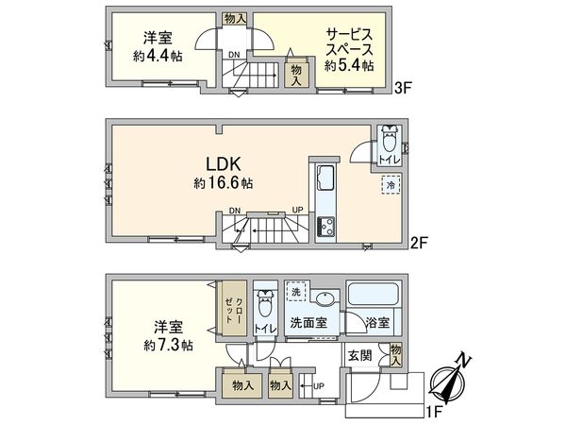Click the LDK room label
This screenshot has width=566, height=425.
[x=213, y=161]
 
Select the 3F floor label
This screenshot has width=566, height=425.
[x=404, y=91]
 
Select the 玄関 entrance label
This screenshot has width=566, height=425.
[x=358, y=355]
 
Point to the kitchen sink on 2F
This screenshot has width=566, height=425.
[x=325, y=178]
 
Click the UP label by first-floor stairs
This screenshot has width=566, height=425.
[x=318, y=385]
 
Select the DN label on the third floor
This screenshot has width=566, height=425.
[x=232, y=55]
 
